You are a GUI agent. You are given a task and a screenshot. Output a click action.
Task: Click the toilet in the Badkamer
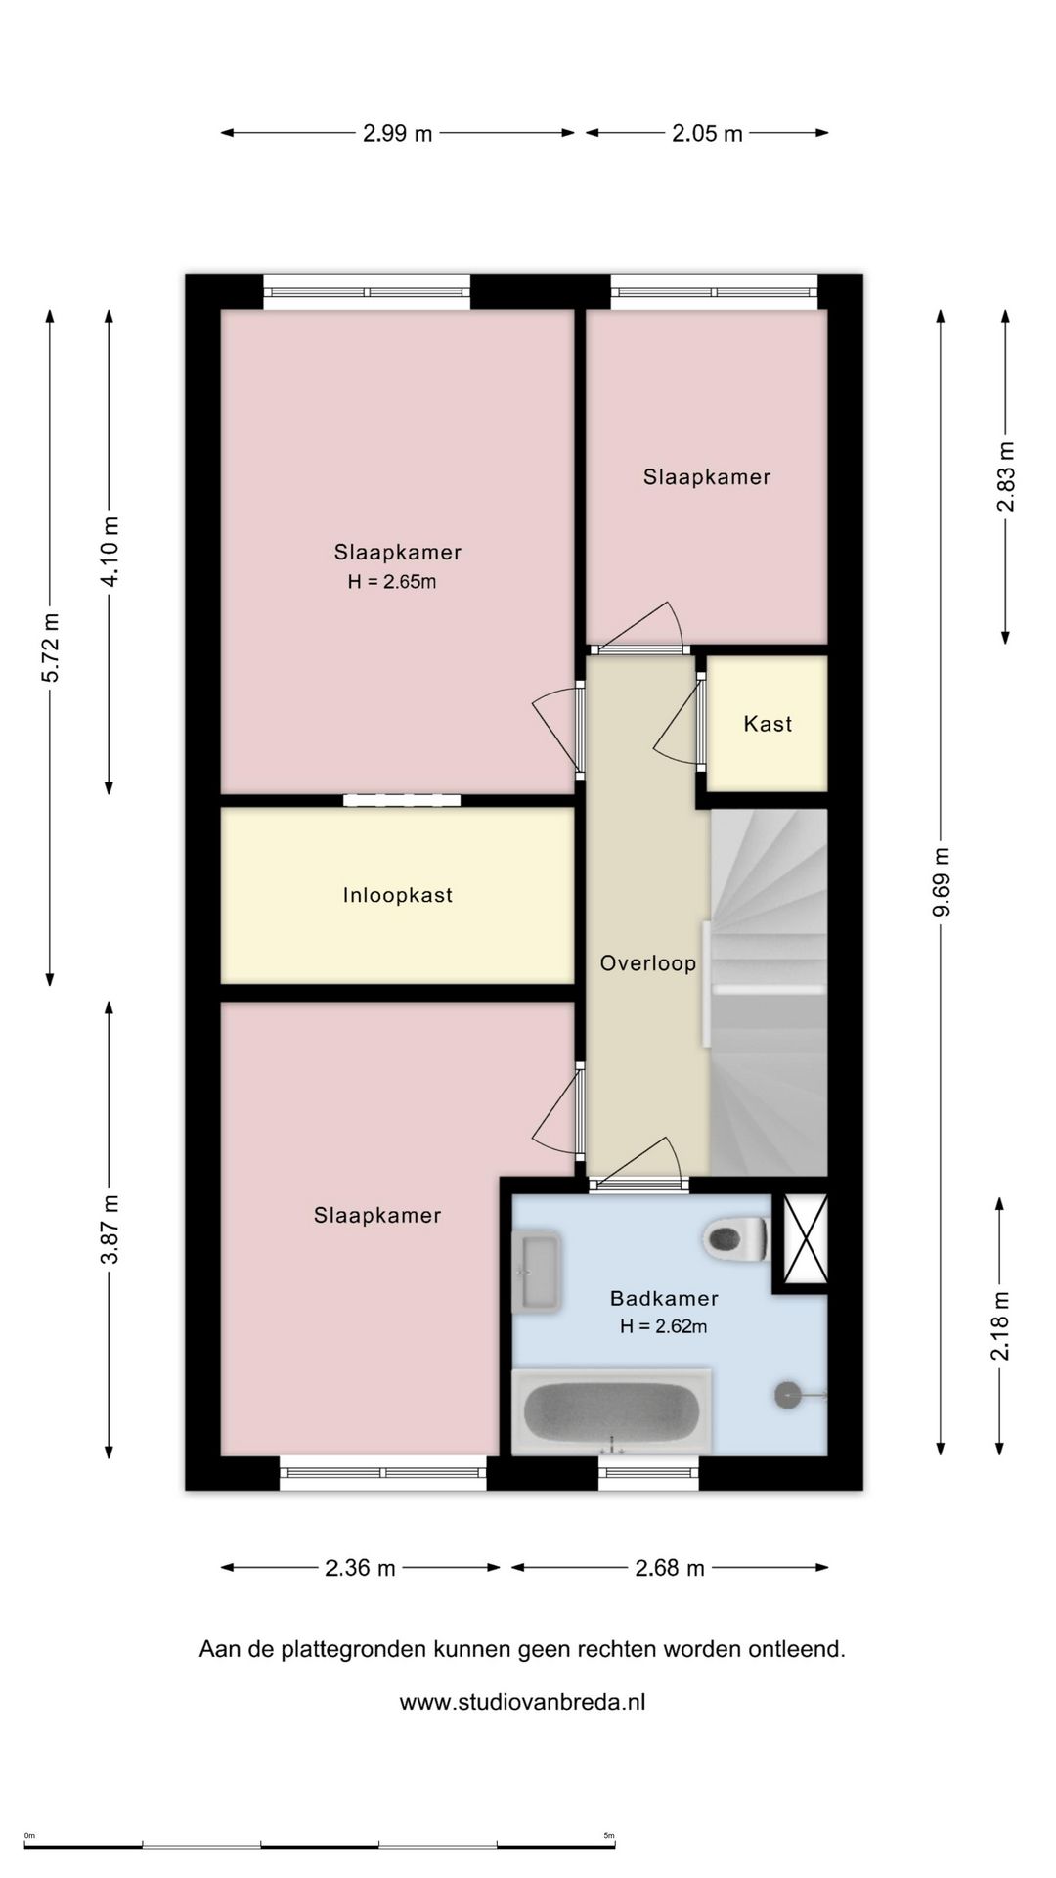tap(736, 1239)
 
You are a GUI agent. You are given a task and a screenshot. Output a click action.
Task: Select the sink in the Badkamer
tap(537, 1272)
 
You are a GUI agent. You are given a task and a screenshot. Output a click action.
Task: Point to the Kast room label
tap(768, 724)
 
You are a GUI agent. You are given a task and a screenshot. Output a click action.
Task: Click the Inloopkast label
tap(398, 895)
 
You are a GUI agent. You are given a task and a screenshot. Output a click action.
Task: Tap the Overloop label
tap(648, 963)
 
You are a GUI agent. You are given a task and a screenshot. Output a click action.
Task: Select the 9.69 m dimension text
tap(942, 882)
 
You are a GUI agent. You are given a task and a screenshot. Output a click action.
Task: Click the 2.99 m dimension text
tap(397, 133)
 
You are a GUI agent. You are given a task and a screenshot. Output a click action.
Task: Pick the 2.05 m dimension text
tap(707, 133)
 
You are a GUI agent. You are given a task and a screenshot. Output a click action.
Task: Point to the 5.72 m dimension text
tap(51, 648)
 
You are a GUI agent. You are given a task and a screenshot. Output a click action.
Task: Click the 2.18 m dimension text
tap(1000, 1325)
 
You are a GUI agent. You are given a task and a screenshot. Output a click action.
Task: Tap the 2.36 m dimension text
tap(360, 1568)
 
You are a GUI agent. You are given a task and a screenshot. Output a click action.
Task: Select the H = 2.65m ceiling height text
tap(392, 582)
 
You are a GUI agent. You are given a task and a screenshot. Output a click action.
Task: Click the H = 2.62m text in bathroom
tap(664, 1327)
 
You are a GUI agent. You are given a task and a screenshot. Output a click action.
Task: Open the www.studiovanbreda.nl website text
tap(522, 1702)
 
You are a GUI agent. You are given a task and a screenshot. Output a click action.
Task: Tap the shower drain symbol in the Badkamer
tap(788, 1395)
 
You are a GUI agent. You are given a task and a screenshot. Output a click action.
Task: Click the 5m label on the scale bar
tap(609, 1836)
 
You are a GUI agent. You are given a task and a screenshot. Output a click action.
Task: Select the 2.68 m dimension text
tap(670, 1568)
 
